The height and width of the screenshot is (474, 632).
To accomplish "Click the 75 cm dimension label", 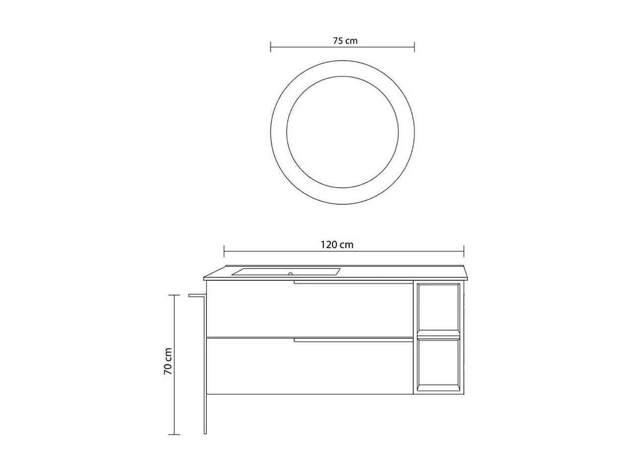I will tap(345, 41).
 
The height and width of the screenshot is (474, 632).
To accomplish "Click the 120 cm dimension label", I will tap(337, 244).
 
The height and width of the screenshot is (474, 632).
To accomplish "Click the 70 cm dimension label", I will tap(168, 361).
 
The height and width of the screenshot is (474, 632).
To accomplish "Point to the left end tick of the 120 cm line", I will tap(224, 251).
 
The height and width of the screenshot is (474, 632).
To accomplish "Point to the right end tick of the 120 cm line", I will tap(464, 251).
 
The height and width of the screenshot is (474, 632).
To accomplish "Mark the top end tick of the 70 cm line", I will tap(174, 295).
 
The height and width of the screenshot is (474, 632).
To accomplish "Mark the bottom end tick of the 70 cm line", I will tap(174, 435).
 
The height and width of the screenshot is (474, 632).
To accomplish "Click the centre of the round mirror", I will tap(342, 132).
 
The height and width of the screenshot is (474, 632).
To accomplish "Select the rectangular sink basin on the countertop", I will tap(286, 272).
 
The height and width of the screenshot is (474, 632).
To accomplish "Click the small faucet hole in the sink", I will tap(290, 274).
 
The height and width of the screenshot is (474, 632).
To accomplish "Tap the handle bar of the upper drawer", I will tap(353, 283).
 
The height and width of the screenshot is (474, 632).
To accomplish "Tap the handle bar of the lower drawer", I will tap(353, 340).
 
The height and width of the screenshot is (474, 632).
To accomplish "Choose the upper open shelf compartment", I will tap(438, 307).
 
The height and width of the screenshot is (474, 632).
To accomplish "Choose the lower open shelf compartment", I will tap(438, 364).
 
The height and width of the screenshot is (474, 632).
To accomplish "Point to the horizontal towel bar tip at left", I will tap(191, 296).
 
